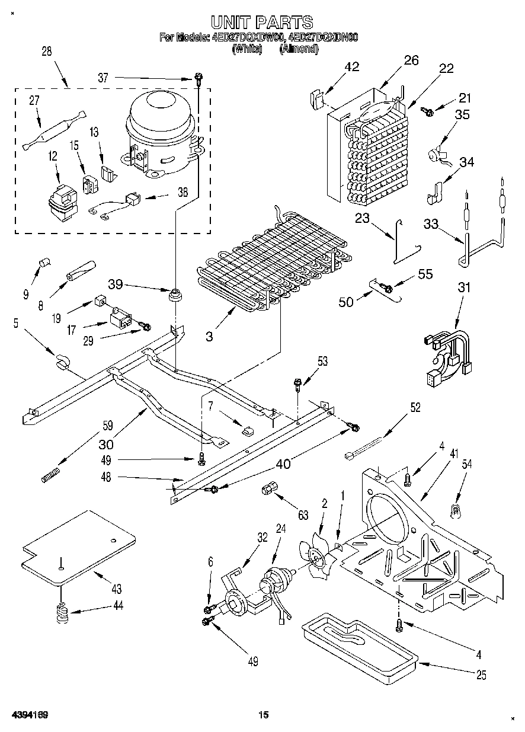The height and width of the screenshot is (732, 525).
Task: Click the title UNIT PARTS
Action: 262,22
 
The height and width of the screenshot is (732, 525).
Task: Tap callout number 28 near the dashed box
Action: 46,52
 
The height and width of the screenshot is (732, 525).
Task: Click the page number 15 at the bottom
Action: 263,715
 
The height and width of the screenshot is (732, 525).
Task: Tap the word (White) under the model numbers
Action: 247,49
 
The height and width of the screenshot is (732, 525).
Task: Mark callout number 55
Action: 425,274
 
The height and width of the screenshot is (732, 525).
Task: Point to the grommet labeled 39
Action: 175,293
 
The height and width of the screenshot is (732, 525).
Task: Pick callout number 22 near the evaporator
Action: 446,68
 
